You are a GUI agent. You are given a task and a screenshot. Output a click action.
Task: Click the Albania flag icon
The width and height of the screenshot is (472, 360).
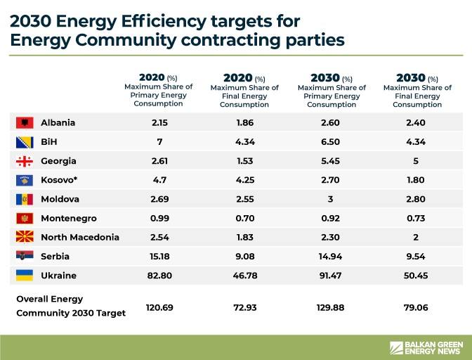coord(25,122)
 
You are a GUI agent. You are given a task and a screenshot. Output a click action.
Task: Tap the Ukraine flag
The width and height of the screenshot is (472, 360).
coord(25,276)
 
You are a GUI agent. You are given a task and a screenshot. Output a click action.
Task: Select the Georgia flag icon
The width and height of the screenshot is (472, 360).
coord(25,161)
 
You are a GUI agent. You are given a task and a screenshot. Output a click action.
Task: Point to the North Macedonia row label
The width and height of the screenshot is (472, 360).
coord(80,237)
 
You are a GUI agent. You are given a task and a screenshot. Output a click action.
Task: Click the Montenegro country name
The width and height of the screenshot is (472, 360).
coord(69,218)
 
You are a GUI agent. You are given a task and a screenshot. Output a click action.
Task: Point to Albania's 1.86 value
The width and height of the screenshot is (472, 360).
coord(244,122)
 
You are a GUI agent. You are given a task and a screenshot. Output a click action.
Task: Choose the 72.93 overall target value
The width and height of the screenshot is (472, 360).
coord(244,307)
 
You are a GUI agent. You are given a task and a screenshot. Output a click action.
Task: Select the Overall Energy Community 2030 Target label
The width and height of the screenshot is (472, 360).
coord(70,306)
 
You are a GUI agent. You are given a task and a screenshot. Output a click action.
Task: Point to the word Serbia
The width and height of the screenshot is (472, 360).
coord(55,257)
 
